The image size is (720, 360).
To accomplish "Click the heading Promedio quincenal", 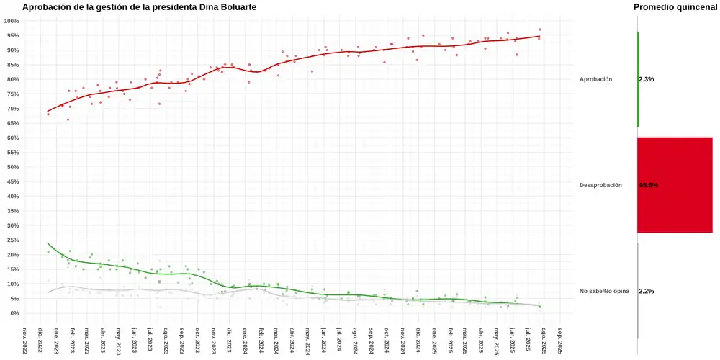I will (x=675, y=7).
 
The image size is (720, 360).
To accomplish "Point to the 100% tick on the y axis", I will (x=11, y=21).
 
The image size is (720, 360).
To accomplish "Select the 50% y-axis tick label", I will (x=12, y=167).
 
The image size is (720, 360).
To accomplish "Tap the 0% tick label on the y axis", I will (x=14, y=313).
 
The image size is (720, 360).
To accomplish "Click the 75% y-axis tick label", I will (x=12, y=94).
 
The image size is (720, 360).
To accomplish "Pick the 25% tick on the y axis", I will (x=12, y=240).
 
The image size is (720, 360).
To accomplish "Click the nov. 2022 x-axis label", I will (x=24, y=341).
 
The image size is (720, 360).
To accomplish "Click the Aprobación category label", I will (x=595, y=79).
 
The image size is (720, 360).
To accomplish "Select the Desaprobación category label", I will (x=600, y=185).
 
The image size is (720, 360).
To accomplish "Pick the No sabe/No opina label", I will (x=604, y=291).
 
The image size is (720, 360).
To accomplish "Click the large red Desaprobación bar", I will (x=675, y=185).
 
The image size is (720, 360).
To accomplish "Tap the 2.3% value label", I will (x=647, y=79).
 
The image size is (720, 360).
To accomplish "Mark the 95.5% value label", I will (x=649, y=185).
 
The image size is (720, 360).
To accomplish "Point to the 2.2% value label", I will (x=647, y=291).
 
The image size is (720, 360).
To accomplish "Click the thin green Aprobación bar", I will (x=638, y=79).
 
